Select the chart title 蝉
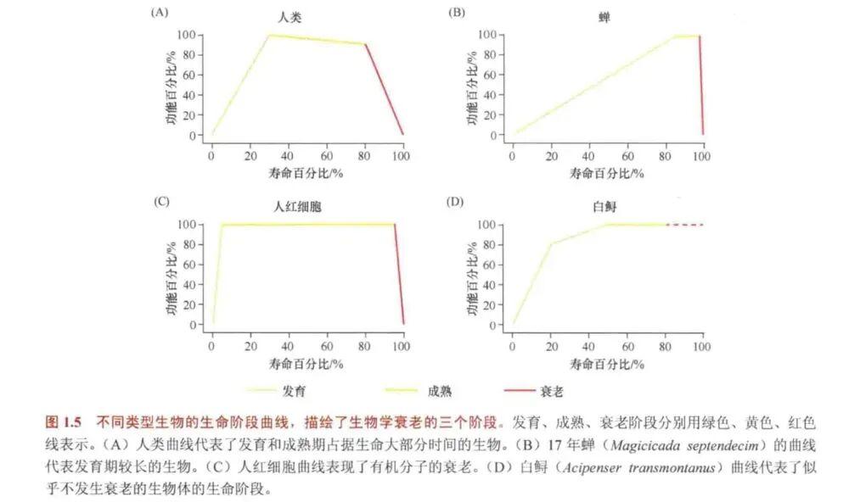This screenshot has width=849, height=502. pyautogui.click(x=603, y=16)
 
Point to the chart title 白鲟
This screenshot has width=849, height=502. pyautogui.click(x=604, y=206)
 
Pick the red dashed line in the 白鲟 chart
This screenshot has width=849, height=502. pyautogui.click(x=685, y=225)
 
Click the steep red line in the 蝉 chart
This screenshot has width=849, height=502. pyautogui.click(x=700, y=85)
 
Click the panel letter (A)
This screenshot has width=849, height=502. pyautogui.click(x=160, y=12)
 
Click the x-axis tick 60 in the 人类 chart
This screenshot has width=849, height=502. pyautogui.click(x=326, y=157)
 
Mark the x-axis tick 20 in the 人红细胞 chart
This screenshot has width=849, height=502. pyautogui.click(x=250, y=347)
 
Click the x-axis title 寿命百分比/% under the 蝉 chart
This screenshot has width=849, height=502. pyautogui.click(x=606, y=173)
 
